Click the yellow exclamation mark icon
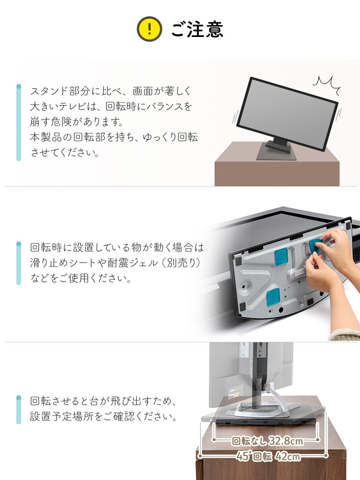pos(149,29)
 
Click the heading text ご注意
pos(197,29)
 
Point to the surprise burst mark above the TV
pos(327,84)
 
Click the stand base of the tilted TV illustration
pos(276,153)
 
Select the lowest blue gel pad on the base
pos(273,297)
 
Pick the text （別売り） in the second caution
pos(181,263)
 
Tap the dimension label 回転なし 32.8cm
pos(267,441)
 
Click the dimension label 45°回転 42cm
pos(268,456)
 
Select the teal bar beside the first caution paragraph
pos(19,122)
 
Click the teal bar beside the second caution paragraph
pos(19,263)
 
